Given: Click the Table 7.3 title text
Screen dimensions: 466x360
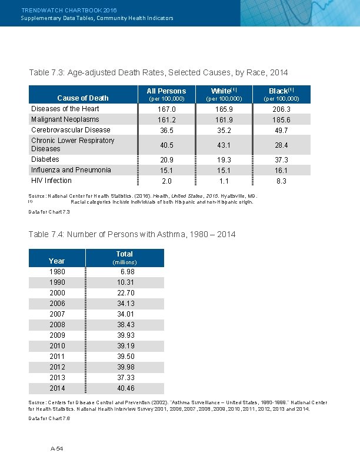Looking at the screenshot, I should (158, 72).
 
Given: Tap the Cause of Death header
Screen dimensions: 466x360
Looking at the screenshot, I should (83, 98).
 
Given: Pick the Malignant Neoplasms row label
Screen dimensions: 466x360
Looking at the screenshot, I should (65, 119).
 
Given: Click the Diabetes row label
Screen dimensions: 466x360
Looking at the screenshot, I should (45, 159).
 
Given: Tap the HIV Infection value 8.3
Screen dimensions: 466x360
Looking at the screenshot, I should (281, 181).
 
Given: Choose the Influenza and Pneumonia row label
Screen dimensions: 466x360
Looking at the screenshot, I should (71, 170).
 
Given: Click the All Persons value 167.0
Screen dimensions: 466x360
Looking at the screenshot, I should (167, 109).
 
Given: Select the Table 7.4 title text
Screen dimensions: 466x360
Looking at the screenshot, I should (132, 234).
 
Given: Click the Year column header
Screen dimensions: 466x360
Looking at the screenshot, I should (57, 261).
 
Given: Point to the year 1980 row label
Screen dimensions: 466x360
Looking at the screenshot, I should (57, 272).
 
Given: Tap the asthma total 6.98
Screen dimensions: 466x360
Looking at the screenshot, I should (127, 272).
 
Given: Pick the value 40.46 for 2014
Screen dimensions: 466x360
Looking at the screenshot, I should (126, 388).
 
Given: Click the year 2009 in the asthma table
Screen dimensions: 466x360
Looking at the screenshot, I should (57, 335).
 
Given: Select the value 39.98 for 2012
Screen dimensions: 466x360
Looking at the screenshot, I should (126, 367).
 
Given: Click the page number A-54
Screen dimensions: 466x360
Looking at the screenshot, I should (56, 448).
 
